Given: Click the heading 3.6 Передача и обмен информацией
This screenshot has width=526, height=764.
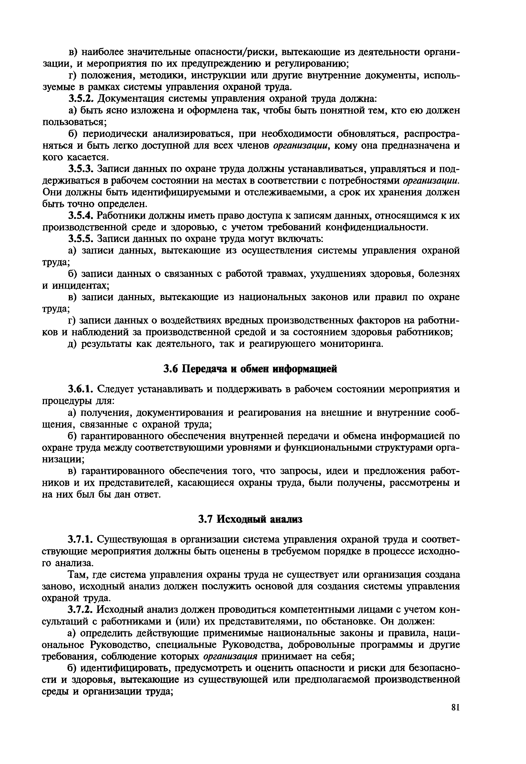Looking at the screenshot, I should (250, 369).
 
